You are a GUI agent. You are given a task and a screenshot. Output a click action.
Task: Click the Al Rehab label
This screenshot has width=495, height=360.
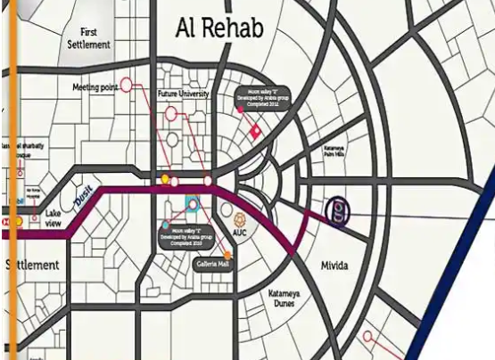pos(219,29)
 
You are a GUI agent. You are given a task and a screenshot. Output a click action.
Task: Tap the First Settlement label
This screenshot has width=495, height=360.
pos(89,37)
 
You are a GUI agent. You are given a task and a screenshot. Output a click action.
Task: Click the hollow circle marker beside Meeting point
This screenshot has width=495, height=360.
pos(126,86)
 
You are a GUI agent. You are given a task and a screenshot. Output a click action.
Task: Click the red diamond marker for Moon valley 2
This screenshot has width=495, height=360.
pos(254,132)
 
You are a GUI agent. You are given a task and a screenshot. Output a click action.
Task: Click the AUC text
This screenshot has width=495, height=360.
pos(239,233)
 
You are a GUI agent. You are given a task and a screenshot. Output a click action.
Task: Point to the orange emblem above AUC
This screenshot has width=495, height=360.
pos(239,217)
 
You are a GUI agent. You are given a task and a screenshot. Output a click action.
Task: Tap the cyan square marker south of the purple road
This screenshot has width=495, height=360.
pos(191,203)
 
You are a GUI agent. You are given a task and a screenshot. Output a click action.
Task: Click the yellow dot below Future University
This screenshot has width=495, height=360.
pos(165,181)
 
